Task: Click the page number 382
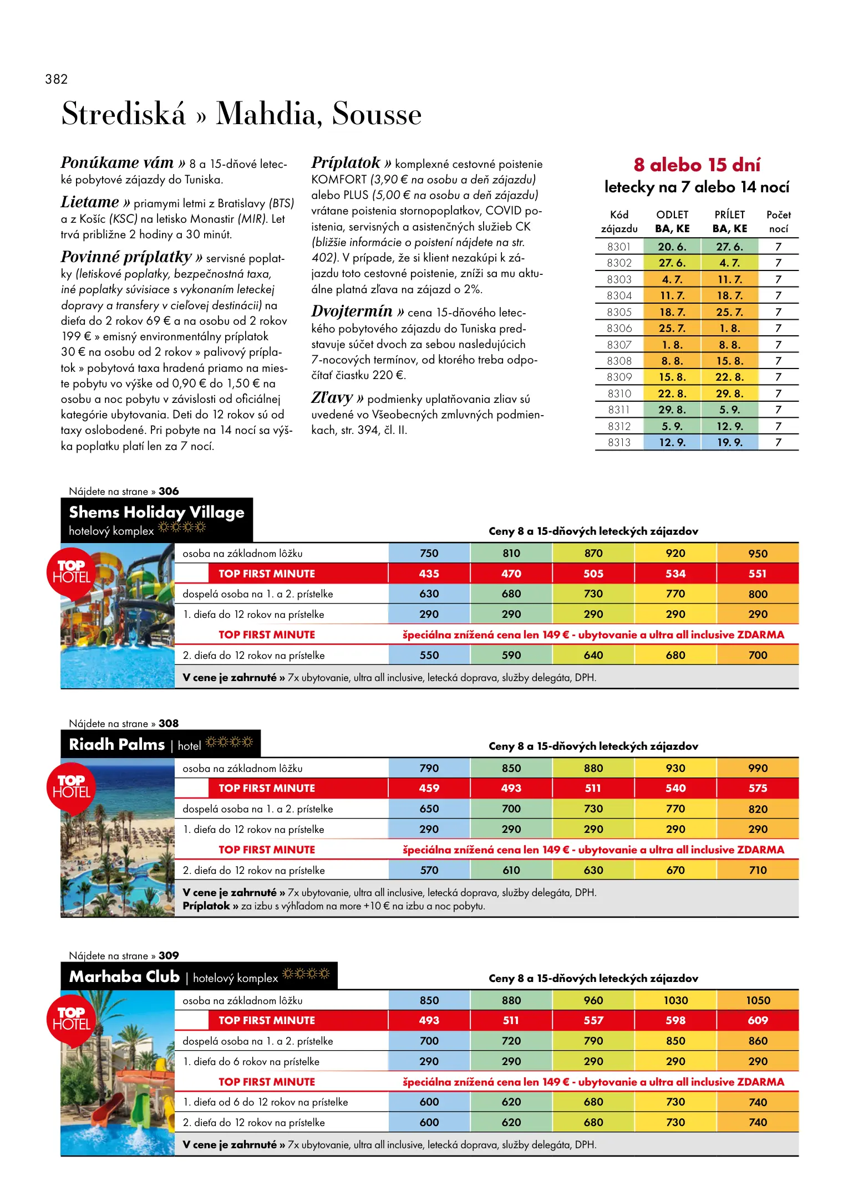57,79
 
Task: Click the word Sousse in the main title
377,114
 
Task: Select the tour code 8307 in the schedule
619,345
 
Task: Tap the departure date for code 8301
672,247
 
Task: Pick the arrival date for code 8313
729,442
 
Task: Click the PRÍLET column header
729,215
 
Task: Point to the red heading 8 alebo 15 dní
697,165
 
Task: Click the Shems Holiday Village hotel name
156,512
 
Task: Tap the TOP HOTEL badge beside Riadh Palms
72,787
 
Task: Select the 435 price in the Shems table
429,574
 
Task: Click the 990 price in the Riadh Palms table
758,768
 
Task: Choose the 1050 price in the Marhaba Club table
758,1000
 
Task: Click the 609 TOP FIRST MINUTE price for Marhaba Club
758,1020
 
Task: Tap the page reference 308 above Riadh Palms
169,723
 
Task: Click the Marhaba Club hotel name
124,976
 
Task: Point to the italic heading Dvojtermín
352,311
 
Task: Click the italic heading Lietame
90,202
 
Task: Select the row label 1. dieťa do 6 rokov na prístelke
251,1061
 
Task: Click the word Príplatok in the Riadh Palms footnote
206,906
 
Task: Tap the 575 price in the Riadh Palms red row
758,788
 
